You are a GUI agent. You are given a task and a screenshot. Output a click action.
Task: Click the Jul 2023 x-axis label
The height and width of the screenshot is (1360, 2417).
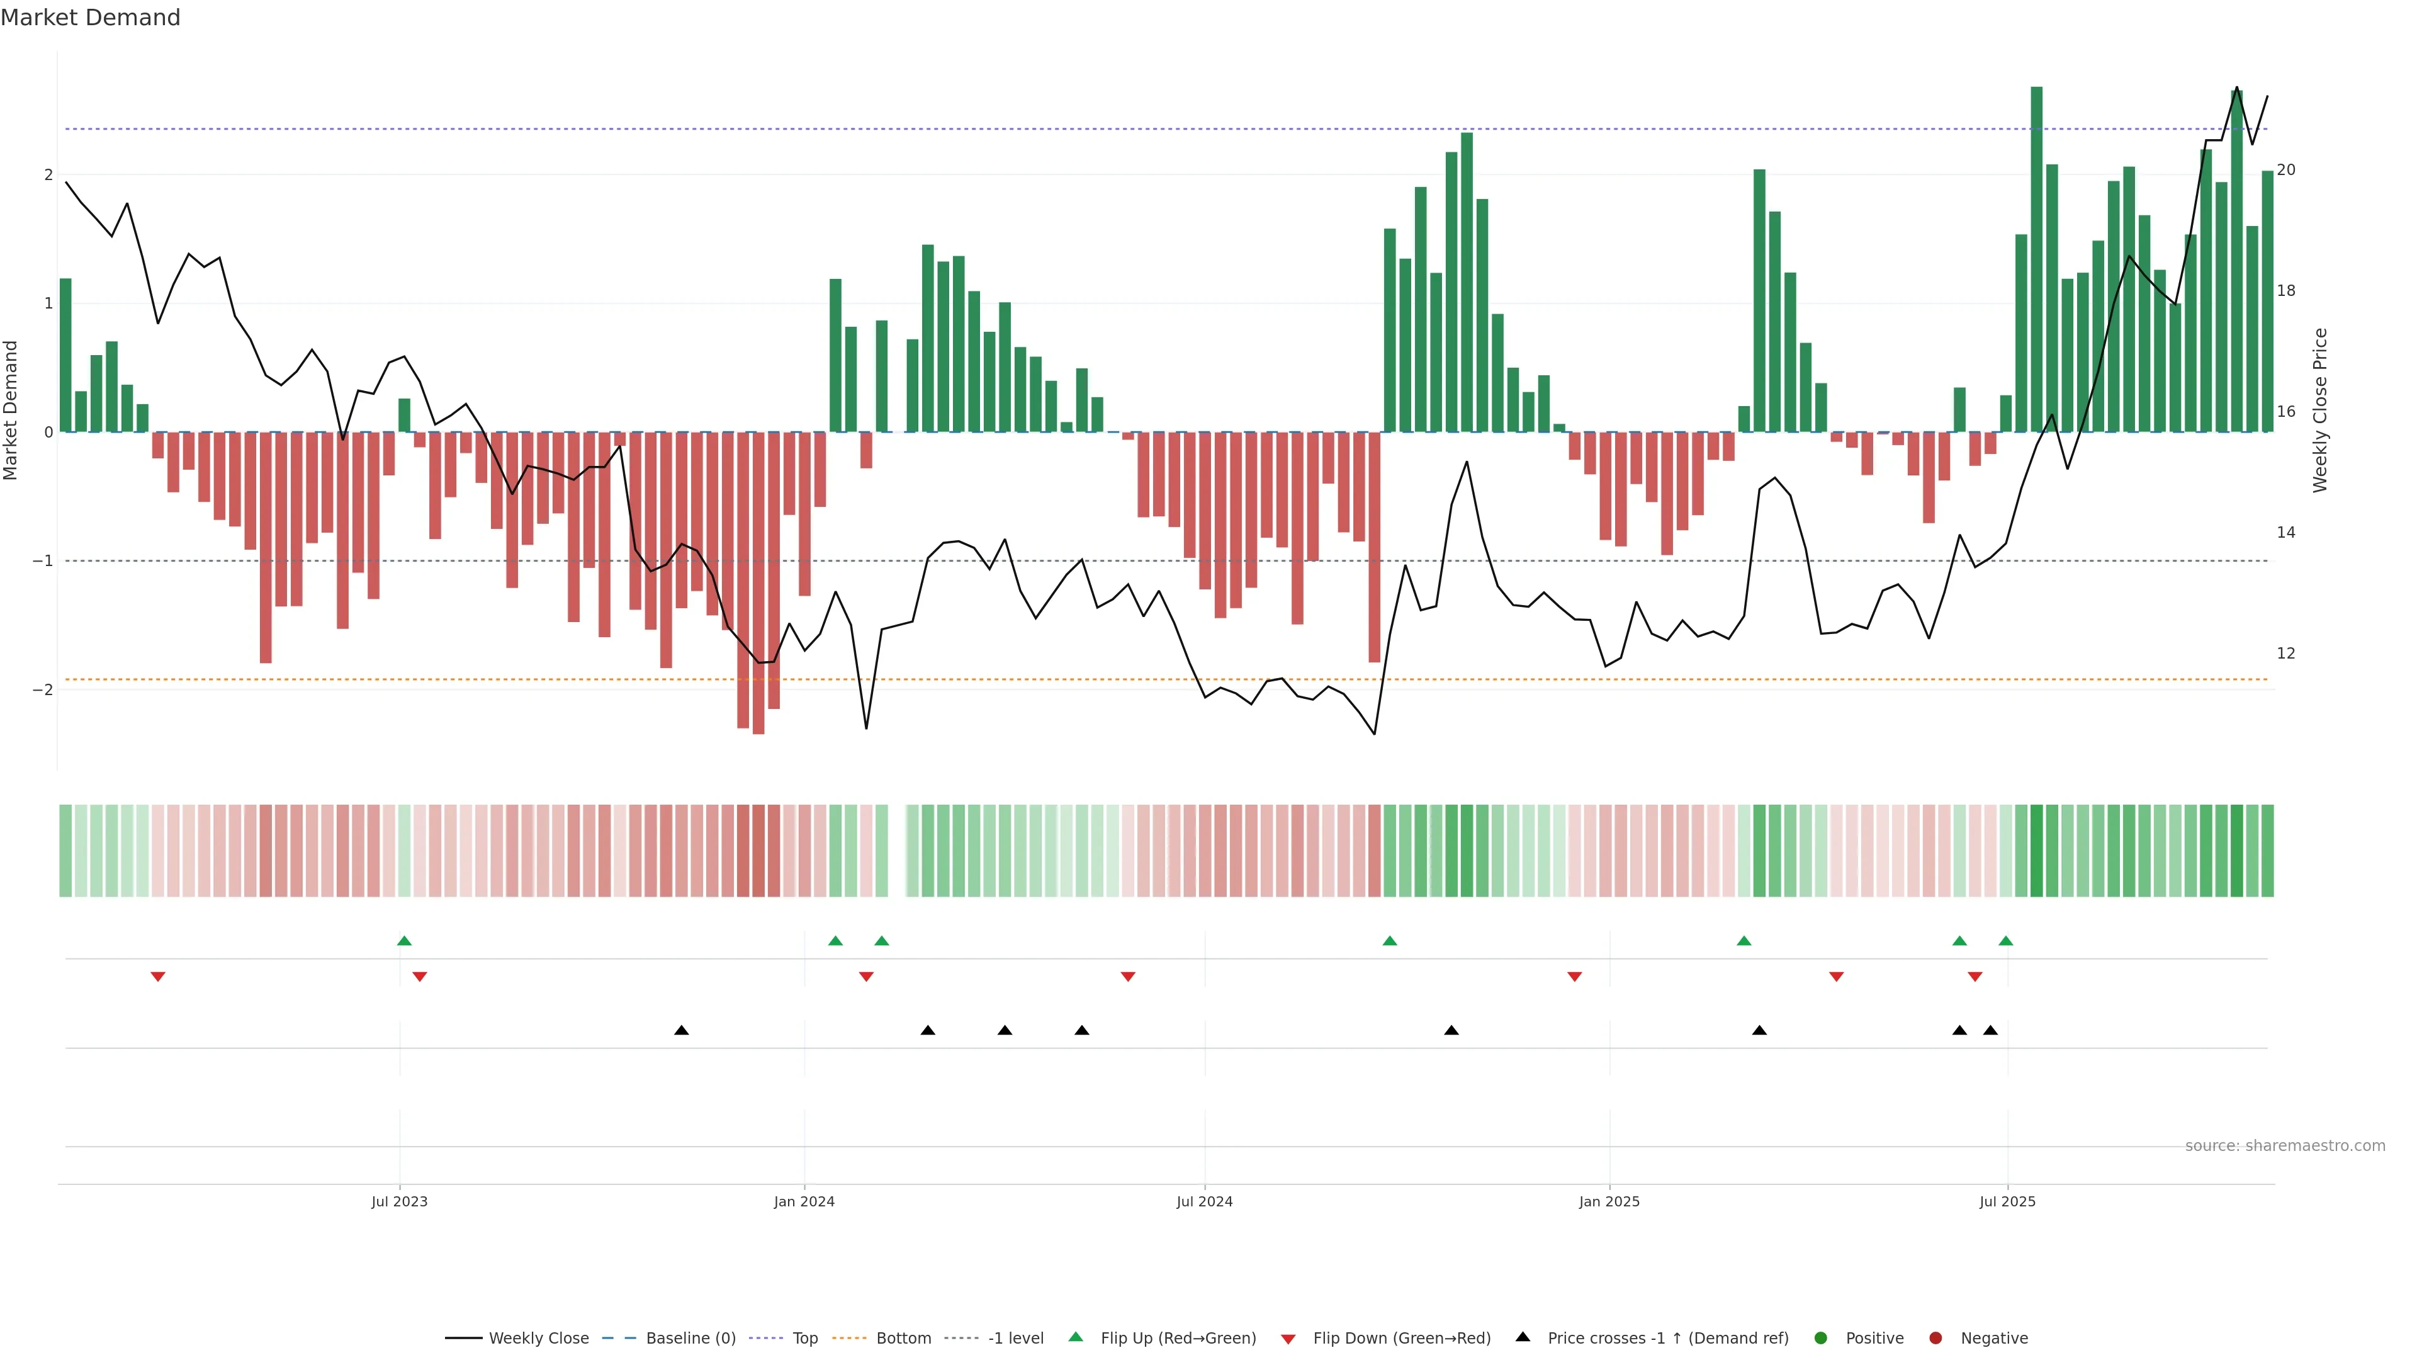pos(399,1201)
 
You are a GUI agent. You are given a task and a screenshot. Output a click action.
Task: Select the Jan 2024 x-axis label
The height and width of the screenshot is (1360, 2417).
pos(804,1201)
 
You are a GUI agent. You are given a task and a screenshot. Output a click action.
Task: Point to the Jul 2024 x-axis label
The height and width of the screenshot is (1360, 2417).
pos(1205,1201)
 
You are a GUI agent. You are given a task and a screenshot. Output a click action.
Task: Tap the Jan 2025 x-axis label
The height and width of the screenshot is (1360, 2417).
pos(1609,1201)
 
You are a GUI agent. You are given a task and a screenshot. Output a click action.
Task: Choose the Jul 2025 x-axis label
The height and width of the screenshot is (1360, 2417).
pos(2007,1201)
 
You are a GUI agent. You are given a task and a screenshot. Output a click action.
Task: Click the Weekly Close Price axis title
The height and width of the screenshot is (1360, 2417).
pos(2320,410)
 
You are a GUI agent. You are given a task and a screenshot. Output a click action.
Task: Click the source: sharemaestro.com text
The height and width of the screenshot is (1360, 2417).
pos(2285,1146)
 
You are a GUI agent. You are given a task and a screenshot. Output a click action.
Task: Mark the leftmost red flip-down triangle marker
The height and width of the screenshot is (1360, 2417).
pos(157,977)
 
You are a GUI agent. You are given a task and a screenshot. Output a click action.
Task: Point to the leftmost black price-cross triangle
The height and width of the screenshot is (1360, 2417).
pos(681,1031)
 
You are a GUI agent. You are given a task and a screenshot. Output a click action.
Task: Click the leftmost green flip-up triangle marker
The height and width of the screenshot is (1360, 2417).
pos(404,941)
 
